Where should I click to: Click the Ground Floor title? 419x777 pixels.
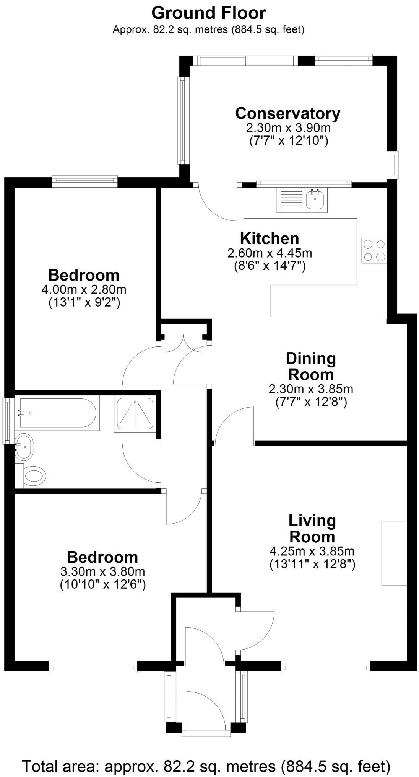[208, 13]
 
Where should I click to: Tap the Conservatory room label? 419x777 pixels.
[287, 113]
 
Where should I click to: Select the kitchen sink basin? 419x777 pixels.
[315, 199]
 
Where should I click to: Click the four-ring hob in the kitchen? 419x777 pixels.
[374, 250]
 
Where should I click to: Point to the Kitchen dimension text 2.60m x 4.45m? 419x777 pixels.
[270, 253]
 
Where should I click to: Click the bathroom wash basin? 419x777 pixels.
[24, 447]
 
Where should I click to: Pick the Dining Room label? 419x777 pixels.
[311, 366]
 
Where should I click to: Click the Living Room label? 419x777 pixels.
[312, 529]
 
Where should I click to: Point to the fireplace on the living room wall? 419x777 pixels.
[394, 553]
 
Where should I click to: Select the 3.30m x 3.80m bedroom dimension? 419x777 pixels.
[102, 572]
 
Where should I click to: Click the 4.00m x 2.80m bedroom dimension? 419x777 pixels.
[84, 289]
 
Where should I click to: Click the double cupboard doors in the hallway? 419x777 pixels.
[184, 343]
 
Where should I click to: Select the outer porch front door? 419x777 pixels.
[205, 711]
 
